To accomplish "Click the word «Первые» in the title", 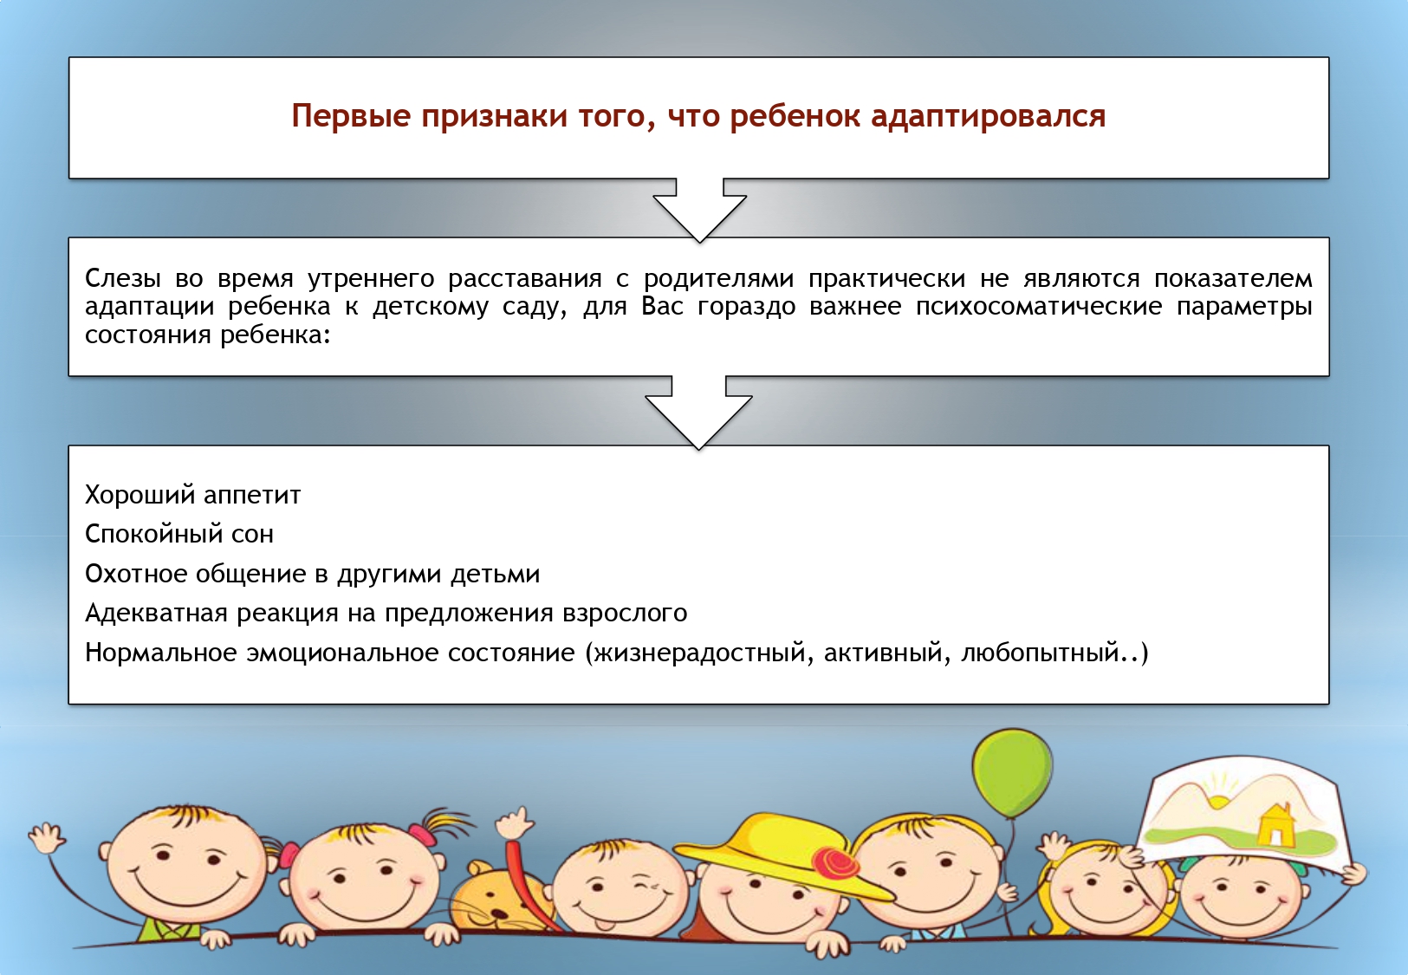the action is coord(351,116).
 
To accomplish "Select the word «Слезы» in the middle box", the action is coord(122,278).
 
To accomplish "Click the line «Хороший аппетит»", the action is coord(193,496).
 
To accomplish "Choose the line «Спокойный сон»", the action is coord(179,535).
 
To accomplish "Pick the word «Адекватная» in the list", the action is coord(156,613).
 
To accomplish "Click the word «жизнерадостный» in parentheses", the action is coord(699,653).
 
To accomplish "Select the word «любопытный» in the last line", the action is coord(1040,653).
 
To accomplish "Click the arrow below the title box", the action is coord(699,210).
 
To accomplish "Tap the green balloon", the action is coord(1012,772).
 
